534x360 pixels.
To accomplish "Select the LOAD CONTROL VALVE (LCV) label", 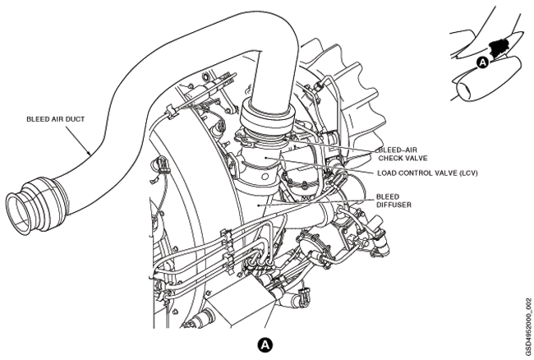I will coord(426,173).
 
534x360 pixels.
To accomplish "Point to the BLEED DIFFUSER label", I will coord(393,201).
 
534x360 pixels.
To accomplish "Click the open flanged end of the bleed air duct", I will coord(21,210).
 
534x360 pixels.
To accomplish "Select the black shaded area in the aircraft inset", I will coord(498,48).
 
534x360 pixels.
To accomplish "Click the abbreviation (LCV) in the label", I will coord(464,173).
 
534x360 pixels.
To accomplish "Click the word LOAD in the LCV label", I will coord(389,173).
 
